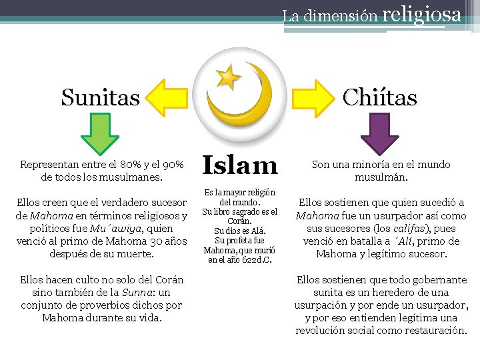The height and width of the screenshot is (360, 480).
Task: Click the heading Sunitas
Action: [x=101, y=97]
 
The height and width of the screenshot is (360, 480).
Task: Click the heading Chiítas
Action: [x=379, y=97]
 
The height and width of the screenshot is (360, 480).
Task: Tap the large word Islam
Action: [x=239, y=165]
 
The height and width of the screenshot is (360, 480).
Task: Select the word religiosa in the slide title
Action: [x=423, y=13]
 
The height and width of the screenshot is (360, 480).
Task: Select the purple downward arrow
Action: [x=379, y=134]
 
